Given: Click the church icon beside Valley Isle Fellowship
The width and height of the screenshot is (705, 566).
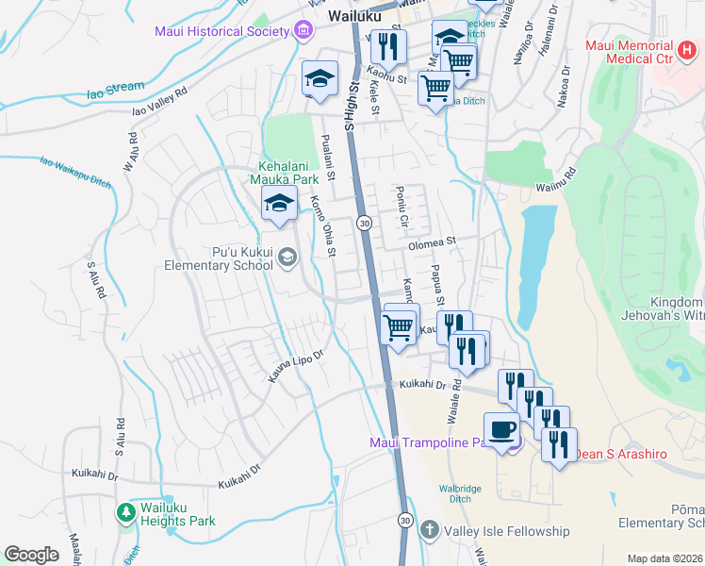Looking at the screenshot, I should (x=430, y=531).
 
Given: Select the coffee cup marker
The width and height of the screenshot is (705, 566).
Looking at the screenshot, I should (x=501, y=430).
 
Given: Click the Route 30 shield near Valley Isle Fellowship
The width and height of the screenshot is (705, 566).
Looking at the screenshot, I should (x=405, y=520).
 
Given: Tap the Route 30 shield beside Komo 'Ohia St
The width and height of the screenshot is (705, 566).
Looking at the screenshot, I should (x=364, y=223).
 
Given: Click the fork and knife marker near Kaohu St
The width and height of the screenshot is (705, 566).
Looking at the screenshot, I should (x=388, y=45).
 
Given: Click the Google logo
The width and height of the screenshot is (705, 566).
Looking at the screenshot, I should (x=31, y=555).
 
